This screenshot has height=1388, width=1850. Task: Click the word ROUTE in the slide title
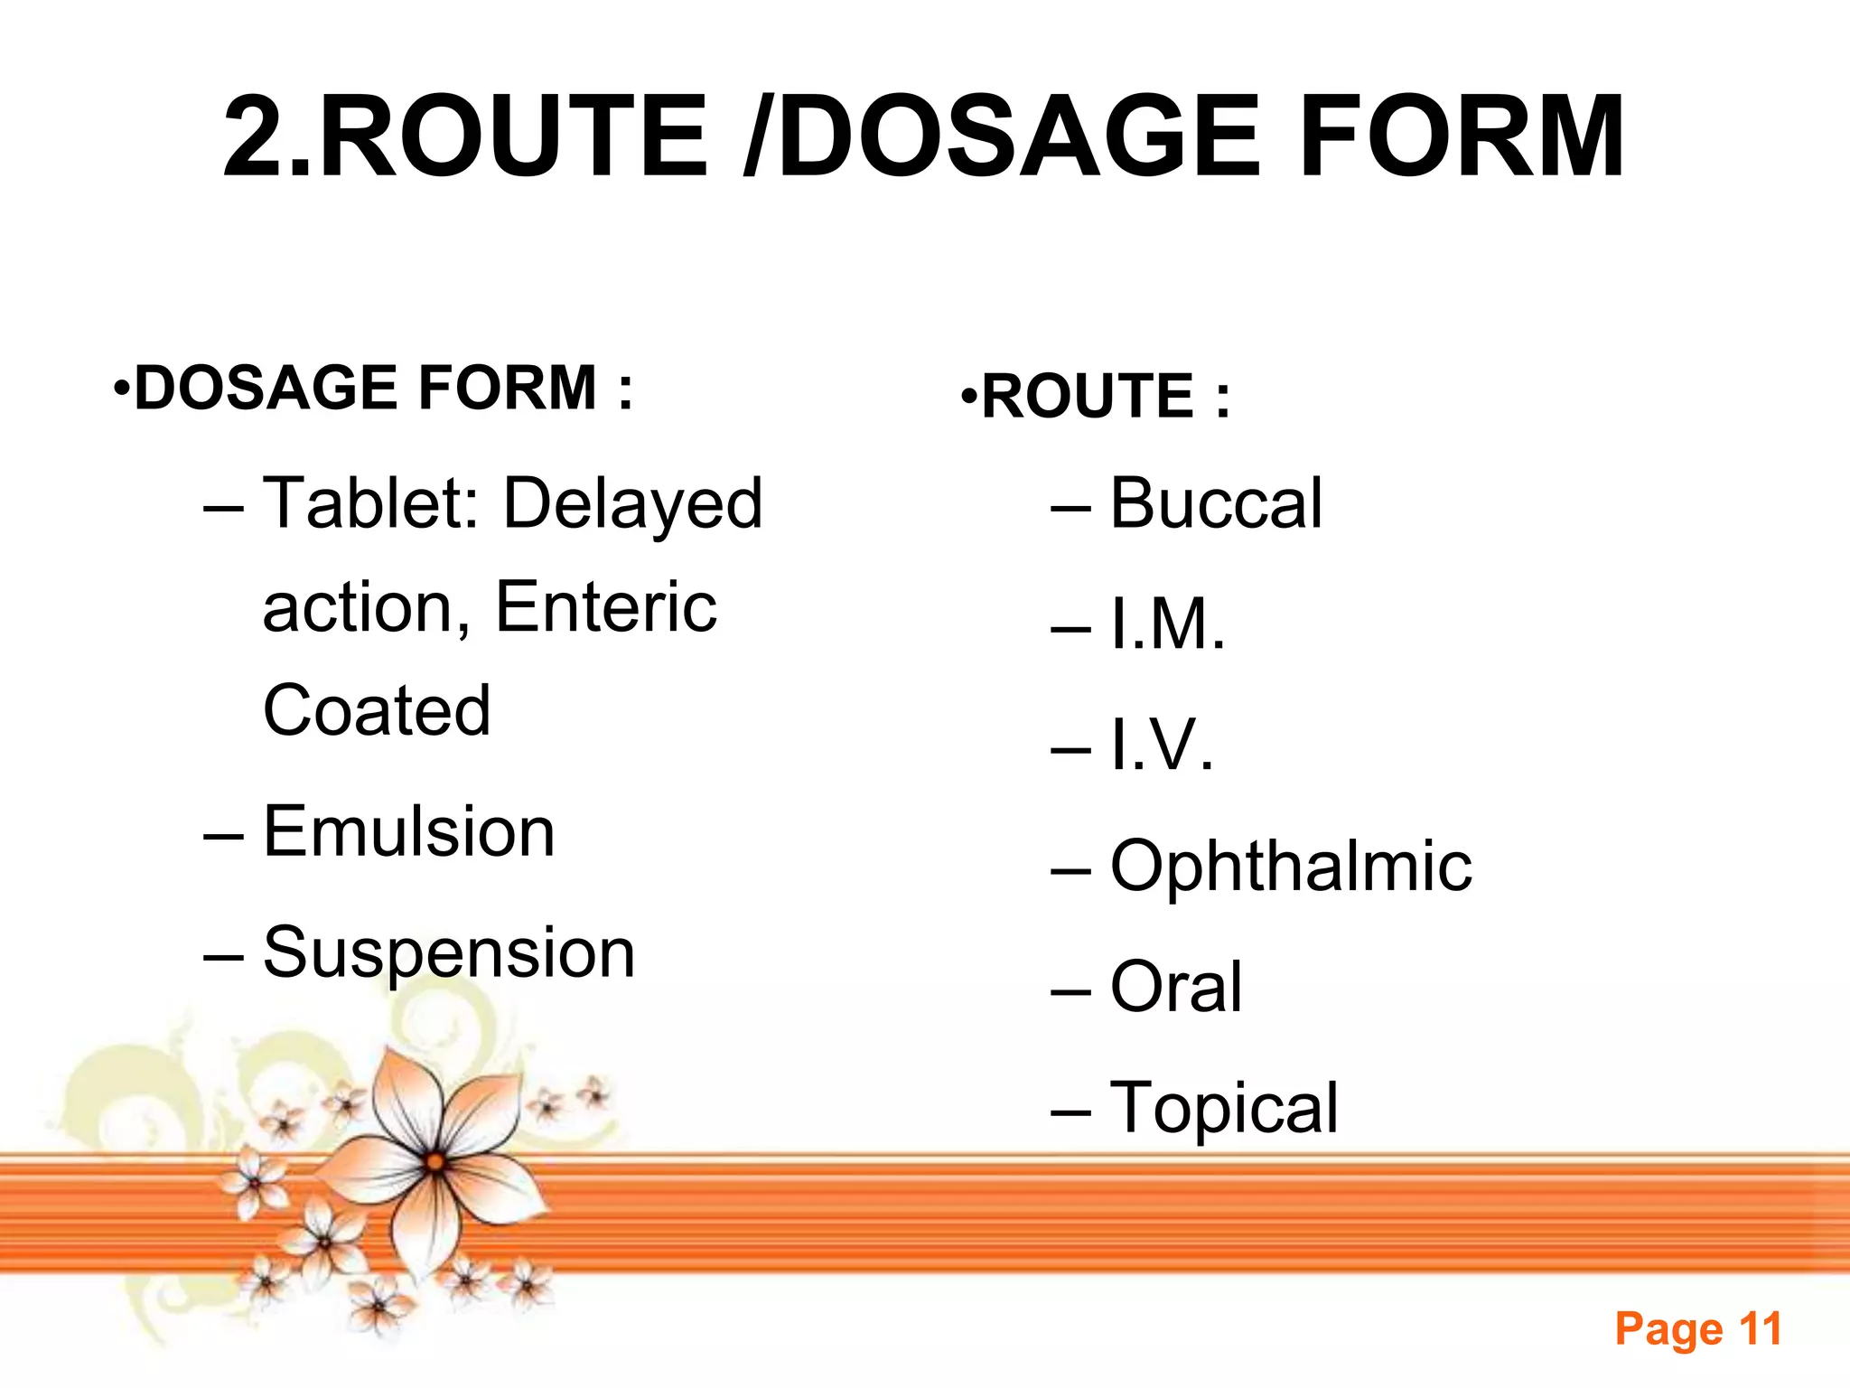pos(515,137)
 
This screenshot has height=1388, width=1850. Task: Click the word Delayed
pos(632,504)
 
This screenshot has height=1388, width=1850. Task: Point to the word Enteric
pos(606,606)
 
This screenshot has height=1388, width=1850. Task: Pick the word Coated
pos(377,710)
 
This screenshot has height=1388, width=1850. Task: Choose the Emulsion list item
pos(408,831)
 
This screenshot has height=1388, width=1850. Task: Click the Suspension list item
pos(449,952)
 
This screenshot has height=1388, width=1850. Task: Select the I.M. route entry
pos(1167,624)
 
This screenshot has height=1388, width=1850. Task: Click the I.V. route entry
pos(1162,745)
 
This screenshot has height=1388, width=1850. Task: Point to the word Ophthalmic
pos(1291,866)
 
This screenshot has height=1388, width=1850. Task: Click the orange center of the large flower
pos(435,1163)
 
